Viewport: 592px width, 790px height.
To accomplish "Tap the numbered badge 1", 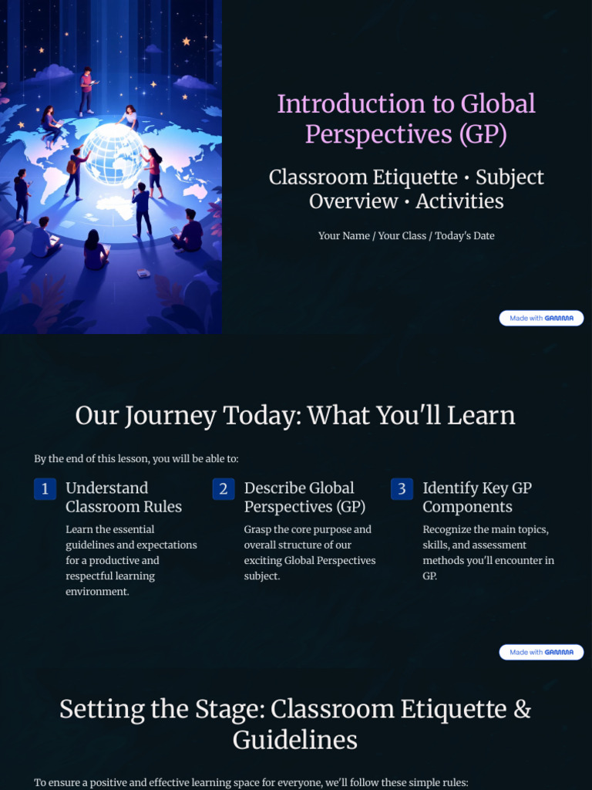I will coord(45,489).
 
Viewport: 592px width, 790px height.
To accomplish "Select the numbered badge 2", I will coord(224,489).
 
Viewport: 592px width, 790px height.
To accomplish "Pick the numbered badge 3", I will coord(402,489).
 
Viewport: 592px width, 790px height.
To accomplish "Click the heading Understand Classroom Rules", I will coord(123,497).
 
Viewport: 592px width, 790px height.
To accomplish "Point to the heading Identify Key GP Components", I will coord(477,497).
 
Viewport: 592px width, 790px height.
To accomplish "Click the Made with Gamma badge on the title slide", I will coord(541,318).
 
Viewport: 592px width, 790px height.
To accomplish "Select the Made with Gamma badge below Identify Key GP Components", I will coord(541,652).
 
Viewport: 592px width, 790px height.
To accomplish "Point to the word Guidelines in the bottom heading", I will coord(295,741).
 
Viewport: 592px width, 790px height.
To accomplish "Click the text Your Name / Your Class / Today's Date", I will coord(406,235).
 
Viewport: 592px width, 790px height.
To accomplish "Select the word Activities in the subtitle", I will coord(459,201).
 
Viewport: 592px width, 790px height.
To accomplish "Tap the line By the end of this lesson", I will coord(136,459).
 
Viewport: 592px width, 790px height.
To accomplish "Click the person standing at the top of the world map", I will coord(86,91).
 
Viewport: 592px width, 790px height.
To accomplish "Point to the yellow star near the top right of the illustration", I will coord(186,41).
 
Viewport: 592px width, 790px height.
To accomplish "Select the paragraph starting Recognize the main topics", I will coord(488,552).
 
